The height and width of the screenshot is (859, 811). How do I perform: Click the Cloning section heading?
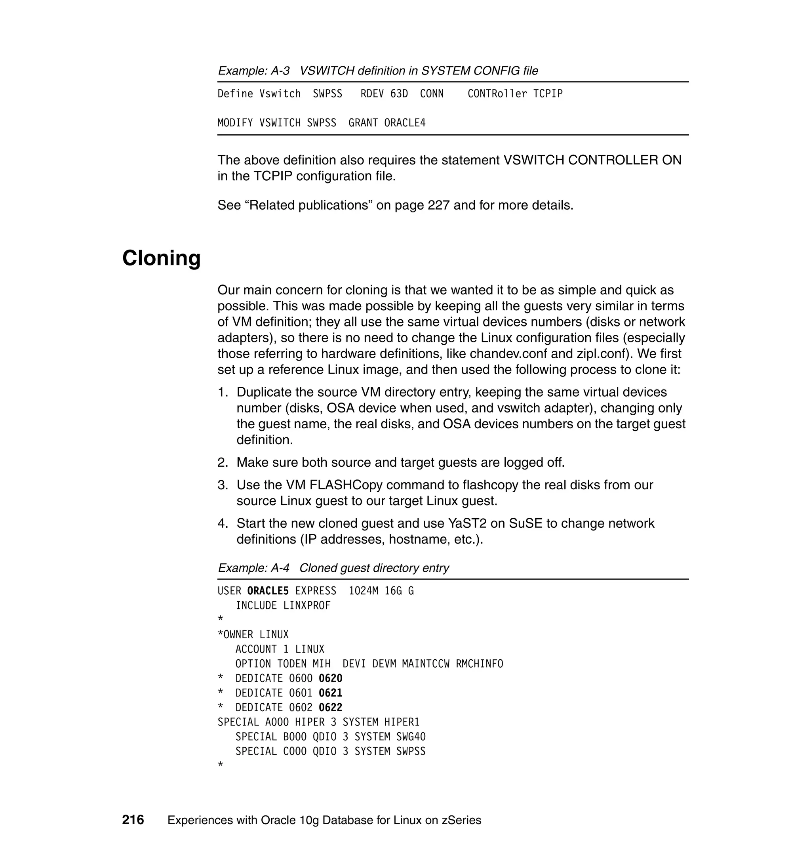(161, 258)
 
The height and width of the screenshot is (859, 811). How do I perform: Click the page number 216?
(133, 820)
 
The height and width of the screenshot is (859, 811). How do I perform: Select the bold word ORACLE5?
(268, 591)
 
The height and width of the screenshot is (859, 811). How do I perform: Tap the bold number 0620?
(330, 678)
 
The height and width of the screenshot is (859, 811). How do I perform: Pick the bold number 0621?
(330, 693)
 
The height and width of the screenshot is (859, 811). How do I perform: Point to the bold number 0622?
(330, 708)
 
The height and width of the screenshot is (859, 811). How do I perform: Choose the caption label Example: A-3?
(253, 71)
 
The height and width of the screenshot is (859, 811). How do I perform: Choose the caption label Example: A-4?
(253, 567)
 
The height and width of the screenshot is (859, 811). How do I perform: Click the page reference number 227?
(438, 205)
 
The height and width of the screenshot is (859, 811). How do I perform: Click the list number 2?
(222, 462)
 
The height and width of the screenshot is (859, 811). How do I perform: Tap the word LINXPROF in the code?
(307, 605)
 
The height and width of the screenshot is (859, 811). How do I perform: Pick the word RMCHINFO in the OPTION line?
(479, 664)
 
